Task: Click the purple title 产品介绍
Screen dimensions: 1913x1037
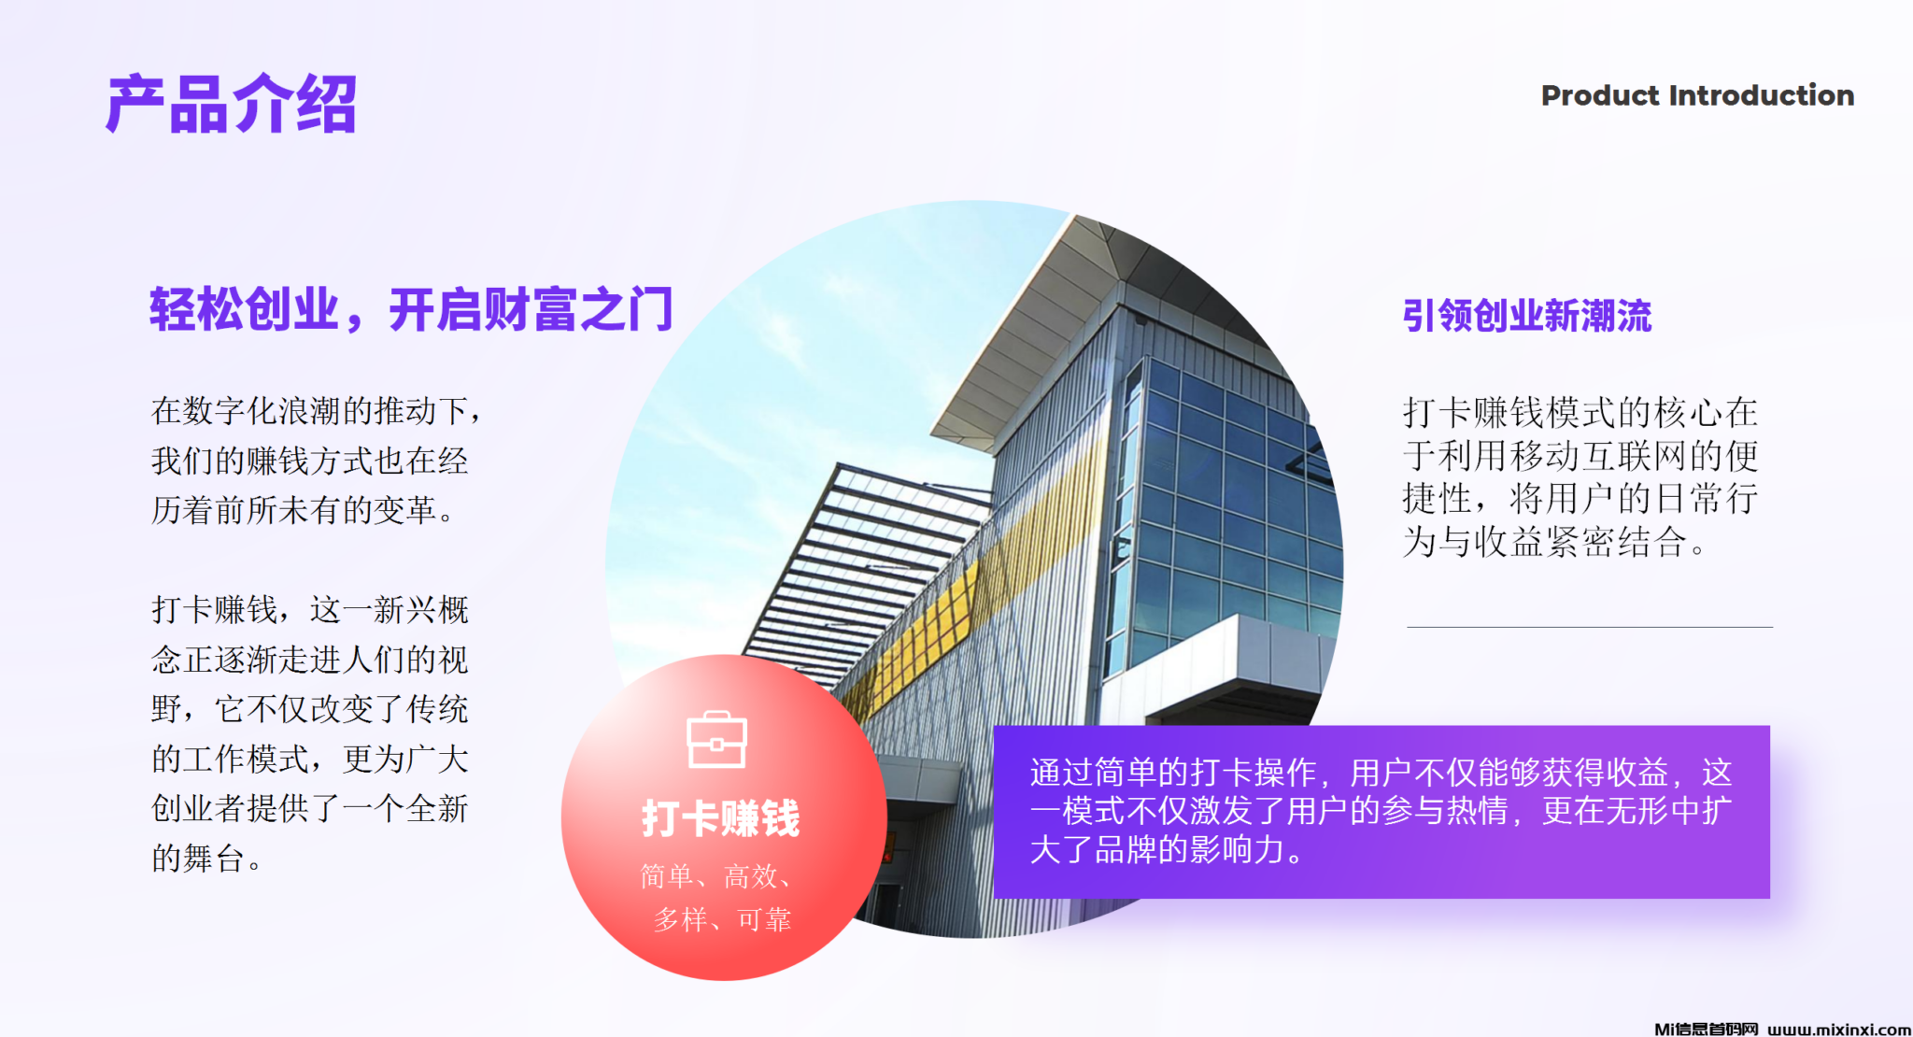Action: (231, 104)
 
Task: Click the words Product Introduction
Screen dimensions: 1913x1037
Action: (1697, 95)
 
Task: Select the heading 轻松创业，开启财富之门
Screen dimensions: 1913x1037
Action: (411, 310)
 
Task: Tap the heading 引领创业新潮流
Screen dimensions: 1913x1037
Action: (1527, 316)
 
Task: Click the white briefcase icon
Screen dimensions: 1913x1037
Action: (716, 740)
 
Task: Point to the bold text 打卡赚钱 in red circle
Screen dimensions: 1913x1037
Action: (720, 818)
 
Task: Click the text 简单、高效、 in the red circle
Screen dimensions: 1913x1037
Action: (717, 876)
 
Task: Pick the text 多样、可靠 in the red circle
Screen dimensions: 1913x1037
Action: (722, 920)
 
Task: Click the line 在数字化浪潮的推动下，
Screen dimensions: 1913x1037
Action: (318, 411)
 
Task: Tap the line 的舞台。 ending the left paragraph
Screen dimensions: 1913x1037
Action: (206, 858)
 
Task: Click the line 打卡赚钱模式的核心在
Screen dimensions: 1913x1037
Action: (1580, 412)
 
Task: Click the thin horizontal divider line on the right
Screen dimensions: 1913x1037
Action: (1590, 627)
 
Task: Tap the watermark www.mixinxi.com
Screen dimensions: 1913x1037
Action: (1839, 1029)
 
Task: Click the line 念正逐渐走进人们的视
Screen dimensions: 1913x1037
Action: (310, 660)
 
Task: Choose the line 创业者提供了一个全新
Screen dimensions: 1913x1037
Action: (310, 808)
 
